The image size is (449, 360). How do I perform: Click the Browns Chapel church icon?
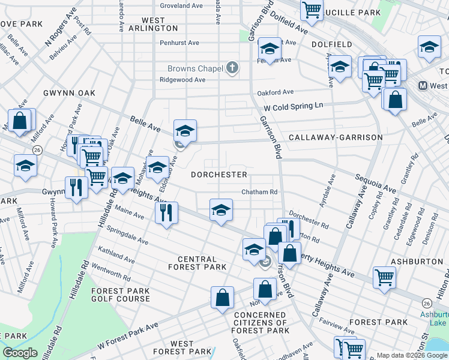[x=233, y=68]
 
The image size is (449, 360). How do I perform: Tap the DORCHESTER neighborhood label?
[x=218, y=175]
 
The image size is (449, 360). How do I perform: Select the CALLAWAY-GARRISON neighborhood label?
[x=336, y=137]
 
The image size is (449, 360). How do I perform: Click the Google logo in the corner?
[x=20, y=352]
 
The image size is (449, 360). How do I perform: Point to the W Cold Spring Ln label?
[x=293, y=106]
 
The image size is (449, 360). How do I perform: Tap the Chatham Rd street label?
[x=259, y=192]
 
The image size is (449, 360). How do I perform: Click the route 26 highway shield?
[x=37, y=149]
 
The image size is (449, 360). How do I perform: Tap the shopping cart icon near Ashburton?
[x=384, y=277]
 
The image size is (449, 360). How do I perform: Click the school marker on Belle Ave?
[x=185, y=131]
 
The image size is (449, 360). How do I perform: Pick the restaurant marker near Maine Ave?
[x=165, y=212]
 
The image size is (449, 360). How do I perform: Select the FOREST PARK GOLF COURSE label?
[x=120, y=295]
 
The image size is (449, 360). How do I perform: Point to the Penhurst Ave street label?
[x=179, y=43]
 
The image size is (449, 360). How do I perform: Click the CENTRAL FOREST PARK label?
[x=197, y=262]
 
